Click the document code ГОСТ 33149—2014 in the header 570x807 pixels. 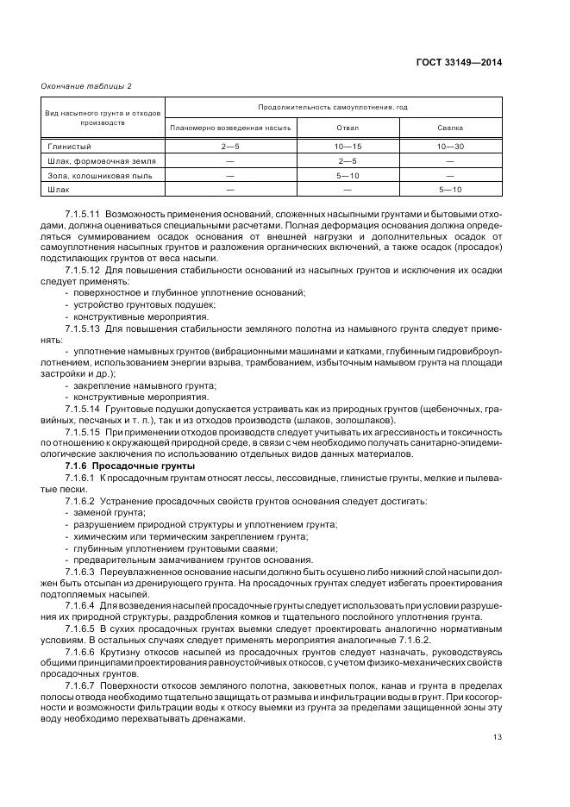pos(459,62)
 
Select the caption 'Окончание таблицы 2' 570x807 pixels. pos(86,86)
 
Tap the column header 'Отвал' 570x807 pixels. pos(348,128)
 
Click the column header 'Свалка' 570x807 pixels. pos(450,128)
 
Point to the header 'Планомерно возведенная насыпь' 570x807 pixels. pos(231,128)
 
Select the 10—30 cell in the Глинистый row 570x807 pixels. pos(450,147)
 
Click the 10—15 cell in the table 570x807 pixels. pos(348,147)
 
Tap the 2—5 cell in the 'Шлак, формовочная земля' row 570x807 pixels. pos(348,160)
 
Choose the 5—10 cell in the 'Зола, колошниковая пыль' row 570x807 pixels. pos(348,174)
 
